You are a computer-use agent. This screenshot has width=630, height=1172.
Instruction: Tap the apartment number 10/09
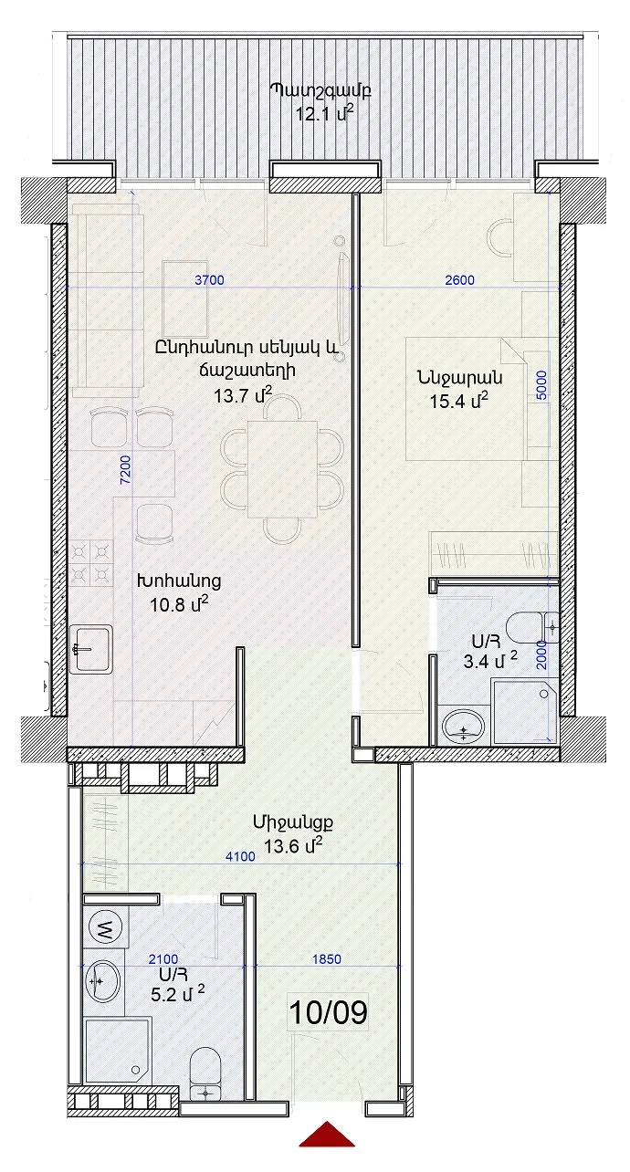pyautogui.click(x=328, y=1012)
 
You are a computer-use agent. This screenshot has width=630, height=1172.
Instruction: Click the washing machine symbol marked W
pyautogui.click(x=106, y=928)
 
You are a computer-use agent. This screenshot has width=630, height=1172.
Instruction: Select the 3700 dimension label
pyautogui.click(x=209, y=280)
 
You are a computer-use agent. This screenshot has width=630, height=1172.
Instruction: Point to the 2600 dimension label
pyautogui.click(x=459, y=280)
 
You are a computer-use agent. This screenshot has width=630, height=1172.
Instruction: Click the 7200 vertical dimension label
pyautogui.click(x=126, y=470)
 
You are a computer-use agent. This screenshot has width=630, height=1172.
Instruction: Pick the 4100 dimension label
pyautogui.click(x=240, y=857)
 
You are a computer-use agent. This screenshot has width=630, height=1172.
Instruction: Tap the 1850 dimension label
pyautogui.click(x=327, y=959)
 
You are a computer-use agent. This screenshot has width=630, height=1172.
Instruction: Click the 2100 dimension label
pyautogui.click(x=163, y=959)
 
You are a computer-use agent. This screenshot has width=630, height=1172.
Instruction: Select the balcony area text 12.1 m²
pyautogui.click(x=321, y=113)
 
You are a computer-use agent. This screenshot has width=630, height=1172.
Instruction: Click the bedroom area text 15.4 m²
pyautogui.click(x=459, y=401)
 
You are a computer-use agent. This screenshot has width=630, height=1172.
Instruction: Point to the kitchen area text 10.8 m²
pyautogui.click(x=180, y=604)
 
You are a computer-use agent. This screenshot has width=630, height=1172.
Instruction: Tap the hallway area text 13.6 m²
pyautogui.click(x=292, y=845)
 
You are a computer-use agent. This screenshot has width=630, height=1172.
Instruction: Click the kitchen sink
pyautogui.click(x=91, y=649)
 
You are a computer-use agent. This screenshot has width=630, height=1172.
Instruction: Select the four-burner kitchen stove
pyautogui.click(x=91, y=563)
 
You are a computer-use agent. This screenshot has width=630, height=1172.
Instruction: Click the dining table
pyautogui.click(x=282, y=469)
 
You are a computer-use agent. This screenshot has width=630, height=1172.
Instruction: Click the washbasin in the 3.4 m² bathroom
pyautogui.click(x=464, y=725)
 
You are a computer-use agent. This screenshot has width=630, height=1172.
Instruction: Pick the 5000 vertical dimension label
pyautogui.click(x=541, y=385)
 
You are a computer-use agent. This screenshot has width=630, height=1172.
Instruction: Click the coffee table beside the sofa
pyautogui.click(x=185, y=299)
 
